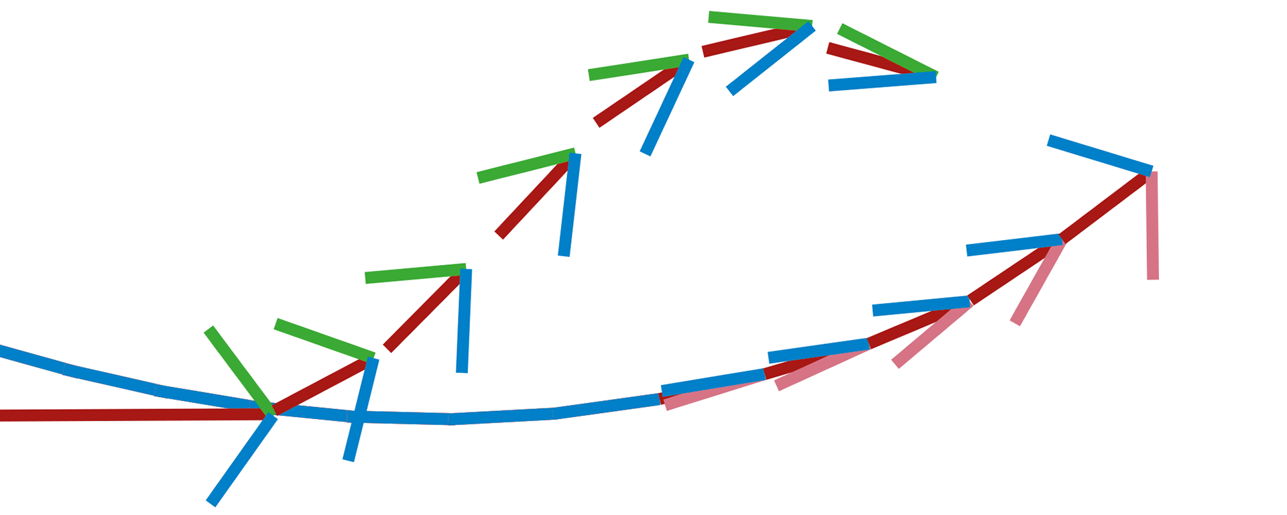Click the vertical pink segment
tap(1152, 228)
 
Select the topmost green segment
tap(759, 19)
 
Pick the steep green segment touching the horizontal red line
tap(239, 369)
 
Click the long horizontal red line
tap(134, 415)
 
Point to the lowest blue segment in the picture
tap(241, 460)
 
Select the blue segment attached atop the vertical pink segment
tap(1099, 155)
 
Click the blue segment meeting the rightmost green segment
tap(881, 82)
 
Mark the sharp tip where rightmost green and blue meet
tap(936, 75)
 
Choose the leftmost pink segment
tap(714, 392)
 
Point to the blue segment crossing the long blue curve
tap(361, 410)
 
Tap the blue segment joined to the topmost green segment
tap(771, 58)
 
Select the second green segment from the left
tap(324, 339)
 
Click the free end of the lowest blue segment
tap(210, 503)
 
